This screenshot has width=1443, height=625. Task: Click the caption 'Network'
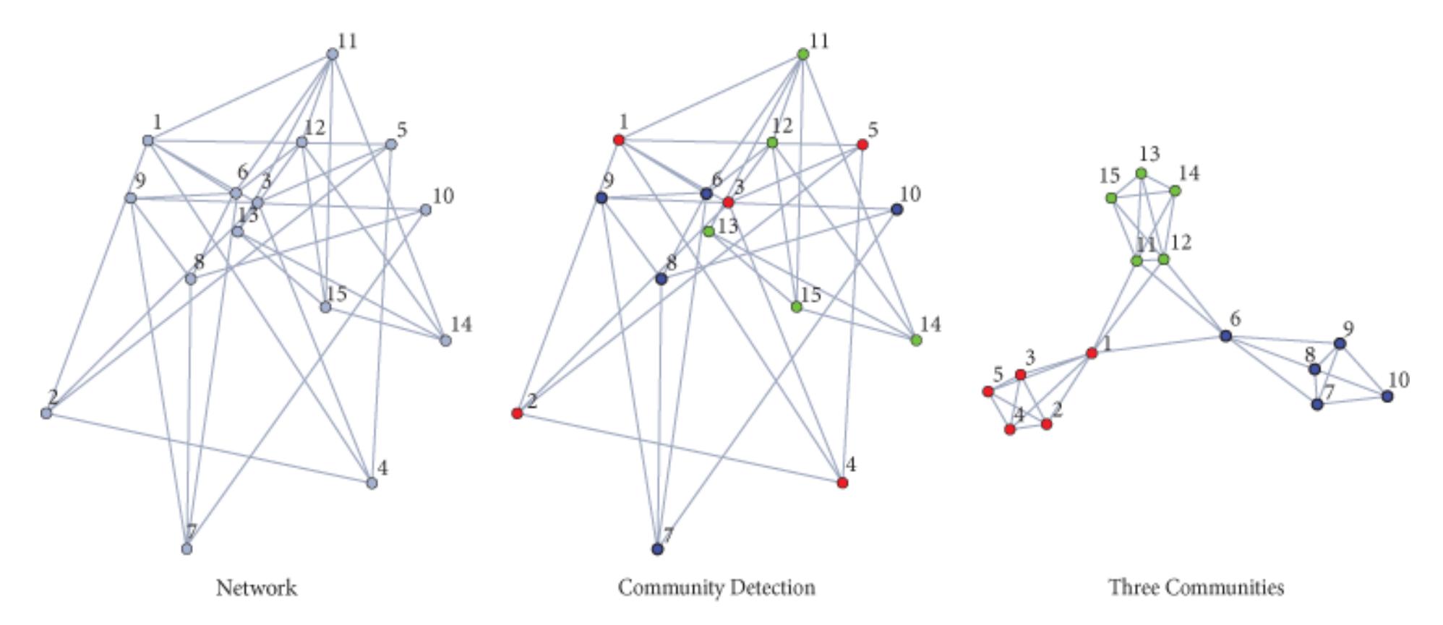point(256,587)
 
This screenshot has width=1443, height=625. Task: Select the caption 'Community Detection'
point(716,587)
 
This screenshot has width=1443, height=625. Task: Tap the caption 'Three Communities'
point(1196,587)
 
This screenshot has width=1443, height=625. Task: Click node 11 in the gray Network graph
point(333,54)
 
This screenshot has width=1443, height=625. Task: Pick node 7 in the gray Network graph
point(187,549)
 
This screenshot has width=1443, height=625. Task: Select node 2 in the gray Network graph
point(46,413)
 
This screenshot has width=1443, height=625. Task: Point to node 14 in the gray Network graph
point(446,340)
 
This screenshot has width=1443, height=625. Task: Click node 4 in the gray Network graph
point(372,483)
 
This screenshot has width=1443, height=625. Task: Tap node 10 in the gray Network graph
point(426,210)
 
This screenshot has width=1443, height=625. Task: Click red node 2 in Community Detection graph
point(517,413)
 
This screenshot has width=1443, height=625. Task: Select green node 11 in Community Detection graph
point(802,54)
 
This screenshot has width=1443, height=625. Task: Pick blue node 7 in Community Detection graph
point(657,549)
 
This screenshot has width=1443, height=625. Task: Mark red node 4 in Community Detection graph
point(842,483)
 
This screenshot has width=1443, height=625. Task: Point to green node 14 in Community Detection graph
point(916,340)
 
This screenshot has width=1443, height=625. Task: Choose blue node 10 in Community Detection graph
point(896,210)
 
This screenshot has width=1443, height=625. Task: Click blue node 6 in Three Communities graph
point(1225,335)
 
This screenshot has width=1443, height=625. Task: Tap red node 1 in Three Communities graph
point(1092,353)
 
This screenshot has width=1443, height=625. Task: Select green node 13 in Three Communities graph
point(1141,173)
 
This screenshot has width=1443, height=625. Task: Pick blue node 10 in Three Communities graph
point(1387,396)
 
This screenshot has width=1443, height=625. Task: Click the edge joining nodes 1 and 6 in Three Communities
point(1158,344)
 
